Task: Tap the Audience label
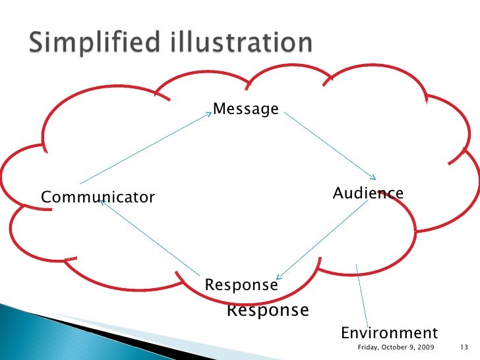pos(368,193)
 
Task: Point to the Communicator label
pos(98,197)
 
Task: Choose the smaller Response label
pos(241,285)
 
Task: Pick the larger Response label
pos(268,310)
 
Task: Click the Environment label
pos(389,332)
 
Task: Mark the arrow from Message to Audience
pos(330,146)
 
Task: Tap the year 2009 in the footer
pos(425,347)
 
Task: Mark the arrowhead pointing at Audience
pos(373,177)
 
